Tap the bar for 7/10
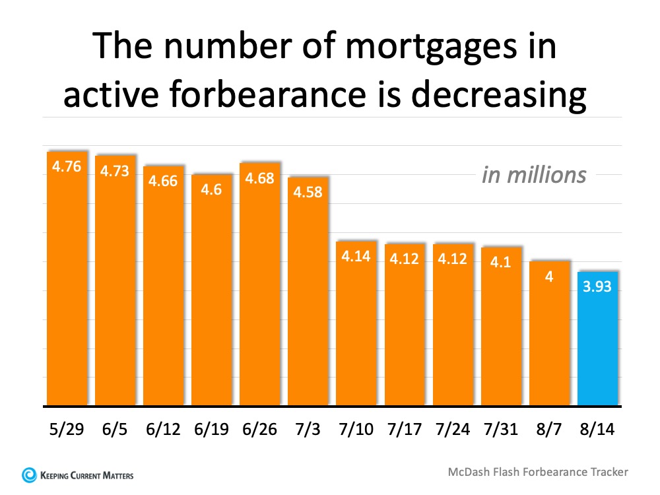click(356, 323)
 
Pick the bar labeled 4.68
click(260, 284)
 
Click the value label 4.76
click(67, 166)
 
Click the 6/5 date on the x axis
click(115, 430)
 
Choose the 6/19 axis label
click(212, 430)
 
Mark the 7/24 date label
click(453, 430)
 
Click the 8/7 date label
click(549, 430)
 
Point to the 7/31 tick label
click(501, 430)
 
